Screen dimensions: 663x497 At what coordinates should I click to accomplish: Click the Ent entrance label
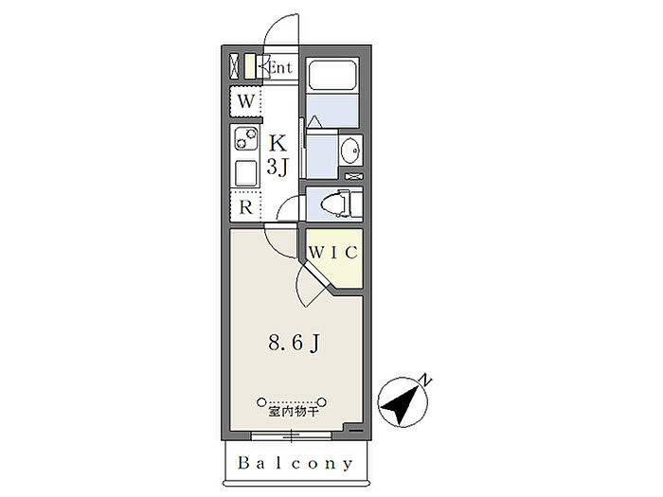280,67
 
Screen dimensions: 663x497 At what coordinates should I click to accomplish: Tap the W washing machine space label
245,101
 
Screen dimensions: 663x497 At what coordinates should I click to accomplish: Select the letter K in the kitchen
278,143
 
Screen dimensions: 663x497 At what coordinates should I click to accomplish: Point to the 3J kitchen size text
277,168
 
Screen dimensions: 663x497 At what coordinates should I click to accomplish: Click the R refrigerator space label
245,207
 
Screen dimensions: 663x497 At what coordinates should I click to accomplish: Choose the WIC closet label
333,253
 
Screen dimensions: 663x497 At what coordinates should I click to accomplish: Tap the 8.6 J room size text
294,343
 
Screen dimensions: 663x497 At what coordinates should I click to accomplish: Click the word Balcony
296,463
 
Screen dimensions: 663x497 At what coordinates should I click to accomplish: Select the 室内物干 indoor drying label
293,412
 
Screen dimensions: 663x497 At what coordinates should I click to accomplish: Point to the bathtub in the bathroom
332,75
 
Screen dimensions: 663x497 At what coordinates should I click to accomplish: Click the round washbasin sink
350,151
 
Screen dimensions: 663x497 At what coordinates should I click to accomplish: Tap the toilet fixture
340,204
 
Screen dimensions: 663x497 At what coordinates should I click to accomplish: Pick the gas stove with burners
245,138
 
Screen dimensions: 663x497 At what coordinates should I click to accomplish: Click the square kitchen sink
245,173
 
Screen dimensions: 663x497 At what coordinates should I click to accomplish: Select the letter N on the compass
425,381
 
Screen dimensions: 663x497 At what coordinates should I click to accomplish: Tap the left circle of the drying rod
261,401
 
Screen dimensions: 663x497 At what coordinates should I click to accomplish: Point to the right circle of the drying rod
322,401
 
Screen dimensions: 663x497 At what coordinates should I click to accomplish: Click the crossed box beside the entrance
234,67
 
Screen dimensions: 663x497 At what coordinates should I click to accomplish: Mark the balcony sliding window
292,435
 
